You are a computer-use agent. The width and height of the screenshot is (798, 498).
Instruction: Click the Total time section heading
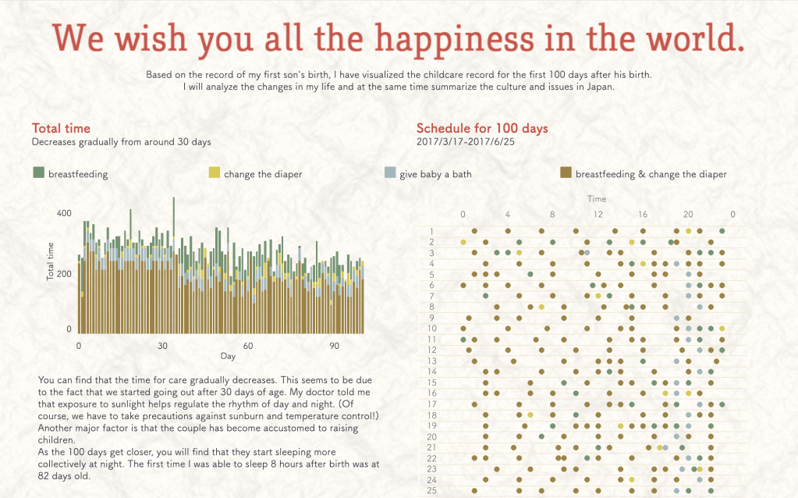tap(61, 128)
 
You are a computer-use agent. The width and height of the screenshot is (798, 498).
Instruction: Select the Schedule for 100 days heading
tap(482, 128)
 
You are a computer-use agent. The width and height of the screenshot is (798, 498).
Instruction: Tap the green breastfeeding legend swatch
tap(38, 173)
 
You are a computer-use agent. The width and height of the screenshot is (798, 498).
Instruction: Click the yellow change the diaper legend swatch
tap(214, 173)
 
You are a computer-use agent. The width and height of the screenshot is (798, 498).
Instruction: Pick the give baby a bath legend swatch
tap(390, 173)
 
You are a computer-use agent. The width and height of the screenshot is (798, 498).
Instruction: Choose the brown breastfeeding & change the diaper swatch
tap(566, 173)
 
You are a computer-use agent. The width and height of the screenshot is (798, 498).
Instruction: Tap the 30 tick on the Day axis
tap(163, 345)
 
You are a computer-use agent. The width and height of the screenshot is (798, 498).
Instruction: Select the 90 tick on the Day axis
tap(333, 345)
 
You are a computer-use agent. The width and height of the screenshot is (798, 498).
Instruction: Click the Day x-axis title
tap(228, 357)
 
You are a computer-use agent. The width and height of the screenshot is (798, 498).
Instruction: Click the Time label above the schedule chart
tap(597, 199)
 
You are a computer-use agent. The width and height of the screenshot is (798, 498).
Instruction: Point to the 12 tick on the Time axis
tap(598, 214)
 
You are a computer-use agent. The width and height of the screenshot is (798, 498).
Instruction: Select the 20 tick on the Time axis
tap(688, 214)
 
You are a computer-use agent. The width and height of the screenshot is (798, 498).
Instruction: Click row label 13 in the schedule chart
tap(431, 361)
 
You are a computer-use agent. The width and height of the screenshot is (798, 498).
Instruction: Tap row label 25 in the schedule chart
tap(431, 490)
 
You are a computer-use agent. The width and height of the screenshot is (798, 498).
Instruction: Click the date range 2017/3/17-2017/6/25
tap(466, 142)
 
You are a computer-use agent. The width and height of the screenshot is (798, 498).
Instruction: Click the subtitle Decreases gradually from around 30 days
tap(121, 142)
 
